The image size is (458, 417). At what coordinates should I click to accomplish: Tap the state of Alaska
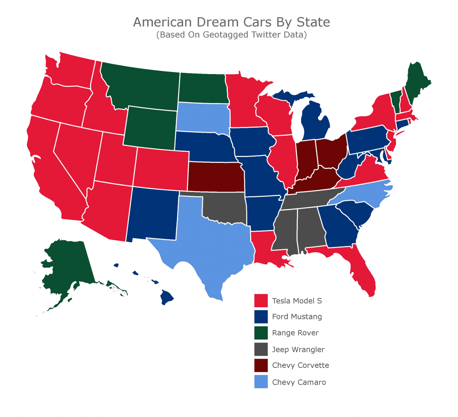pyautogui.click(x=68, y=265)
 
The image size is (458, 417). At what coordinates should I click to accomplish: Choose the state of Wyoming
pyautogui.click(x=150, y=128)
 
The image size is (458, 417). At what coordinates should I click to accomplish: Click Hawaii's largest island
pyautogui.click(x=167, y=297)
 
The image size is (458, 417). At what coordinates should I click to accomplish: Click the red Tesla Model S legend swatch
pyautogui.click(x=261, y=301)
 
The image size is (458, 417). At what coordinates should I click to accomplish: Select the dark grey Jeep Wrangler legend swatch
pyautogui.click(x=261, y=349)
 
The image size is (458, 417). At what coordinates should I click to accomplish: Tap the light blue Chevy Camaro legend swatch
pyautogui.click(x=261, y=382)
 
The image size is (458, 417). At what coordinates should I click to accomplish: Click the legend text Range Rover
pyautogui.click(x=295, y=333)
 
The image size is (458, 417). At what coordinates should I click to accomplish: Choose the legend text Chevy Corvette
pyautogui.click(x=300, y=365)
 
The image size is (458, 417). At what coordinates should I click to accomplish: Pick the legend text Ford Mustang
pyautogui.click(x=297, y=317)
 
